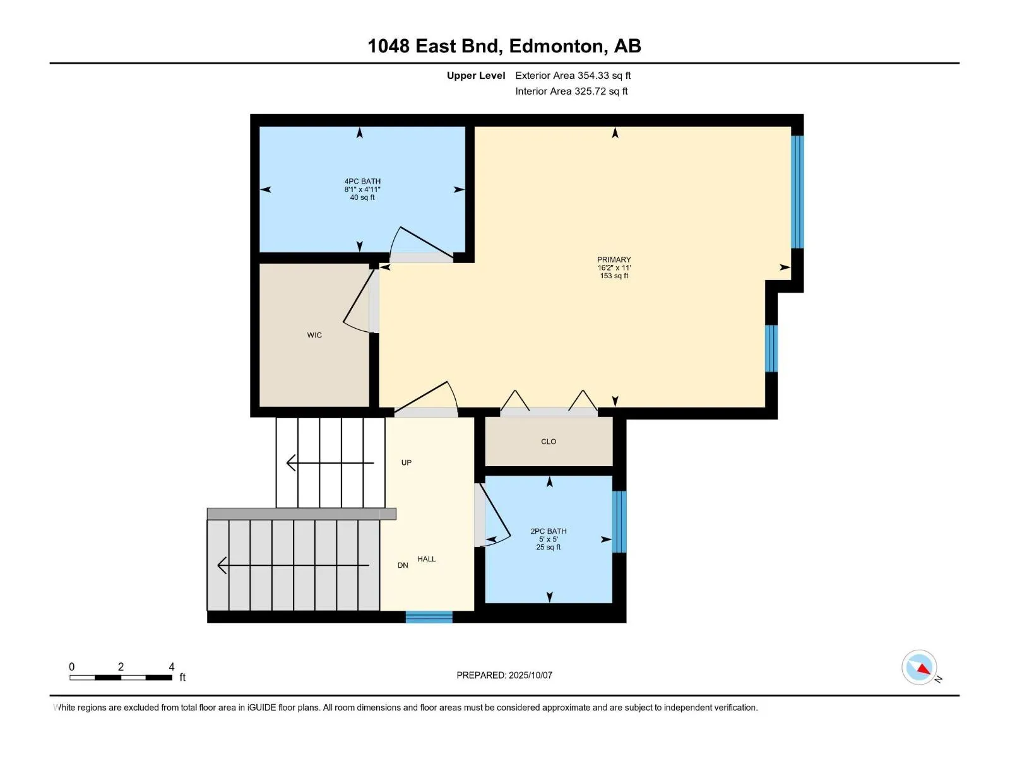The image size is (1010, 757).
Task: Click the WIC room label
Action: point(314,335)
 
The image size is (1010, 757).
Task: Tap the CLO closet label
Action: point(549,442)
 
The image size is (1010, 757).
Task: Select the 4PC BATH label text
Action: point(362,182)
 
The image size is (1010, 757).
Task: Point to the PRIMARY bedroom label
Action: point(614,260)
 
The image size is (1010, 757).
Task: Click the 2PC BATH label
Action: point(549,531)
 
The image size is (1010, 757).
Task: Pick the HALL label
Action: point(427,560)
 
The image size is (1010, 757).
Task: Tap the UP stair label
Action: point(407,463)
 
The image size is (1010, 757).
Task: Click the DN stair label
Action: point(403,566)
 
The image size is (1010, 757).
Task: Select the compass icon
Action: point(920,668)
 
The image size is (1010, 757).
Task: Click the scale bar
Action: point(121,678)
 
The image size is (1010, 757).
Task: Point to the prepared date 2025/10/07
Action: point(530,675)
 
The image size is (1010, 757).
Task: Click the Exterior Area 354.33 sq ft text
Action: point(573,76)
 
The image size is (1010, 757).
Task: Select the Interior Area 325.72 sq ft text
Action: point(571,91)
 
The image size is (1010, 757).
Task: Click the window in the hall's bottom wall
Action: point(429,618)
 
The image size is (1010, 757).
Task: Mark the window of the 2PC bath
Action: point(620,522)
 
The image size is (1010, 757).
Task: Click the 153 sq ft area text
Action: point(614,276)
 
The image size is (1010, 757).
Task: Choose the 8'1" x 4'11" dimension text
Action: point(362,189)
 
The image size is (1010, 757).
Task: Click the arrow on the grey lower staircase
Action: point(293,565)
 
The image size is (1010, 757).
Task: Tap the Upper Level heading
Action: point(476,76)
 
